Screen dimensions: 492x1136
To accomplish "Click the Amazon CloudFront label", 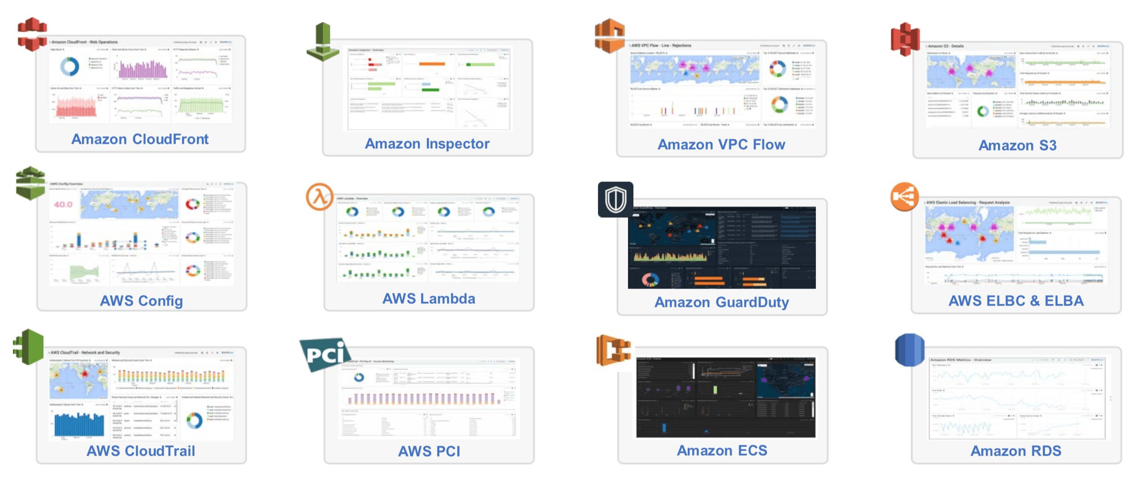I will (x=140, y=139).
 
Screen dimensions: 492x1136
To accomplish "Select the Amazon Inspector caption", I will (x=427, y=144).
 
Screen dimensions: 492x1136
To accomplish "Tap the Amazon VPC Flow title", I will (x=721, y=145).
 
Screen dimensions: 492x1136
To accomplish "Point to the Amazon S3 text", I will (x=1018, y=146).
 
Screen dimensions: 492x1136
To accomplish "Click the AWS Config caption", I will (x=141, y=301).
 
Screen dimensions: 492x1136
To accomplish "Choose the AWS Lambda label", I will (x=429, y=299).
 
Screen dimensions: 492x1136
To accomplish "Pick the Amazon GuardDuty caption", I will (x=722, y=302).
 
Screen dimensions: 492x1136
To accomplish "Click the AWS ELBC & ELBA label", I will (x=1016, y=301).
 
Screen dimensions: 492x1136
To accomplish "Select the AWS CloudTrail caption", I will (x=141, y=451).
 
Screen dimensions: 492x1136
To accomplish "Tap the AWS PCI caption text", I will (x=429, y=451).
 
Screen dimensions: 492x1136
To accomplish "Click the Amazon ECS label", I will (x=722, y=450).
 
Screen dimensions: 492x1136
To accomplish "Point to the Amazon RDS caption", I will (x=1016, y=451).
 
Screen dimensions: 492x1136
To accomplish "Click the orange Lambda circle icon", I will (x=320, y=197).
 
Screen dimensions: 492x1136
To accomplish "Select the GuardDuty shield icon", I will (x=616, y=199).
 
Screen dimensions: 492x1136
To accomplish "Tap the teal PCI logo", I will (x=325, y=354).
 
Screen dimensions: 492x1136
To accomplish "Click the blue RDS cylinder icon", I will (x=910, y=350).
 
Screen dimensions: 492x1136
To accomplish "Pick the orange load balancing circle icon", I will (x=905, y=196).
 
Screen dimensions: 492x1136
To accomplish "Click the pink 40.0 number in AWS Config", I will (x=63, y=205).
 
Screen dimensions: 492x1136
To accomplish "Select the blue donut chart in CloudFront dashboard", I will (x=69, y=67).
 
